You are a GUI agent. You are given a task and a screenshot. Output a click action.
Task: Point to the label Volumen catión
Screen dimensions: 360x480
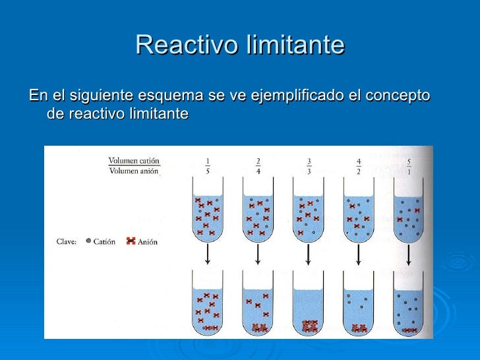coord(134,160)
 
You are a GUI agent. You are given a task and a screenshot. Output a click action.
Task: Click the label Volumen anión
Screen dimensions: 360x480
coord(134,171)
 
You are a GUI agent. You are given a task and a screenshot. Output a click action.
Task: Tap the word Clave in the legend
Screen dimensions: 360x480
coord(65,242)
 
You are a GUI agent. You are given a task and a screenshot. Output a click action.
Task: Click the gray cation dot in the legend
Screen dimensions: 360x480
coord(88,241)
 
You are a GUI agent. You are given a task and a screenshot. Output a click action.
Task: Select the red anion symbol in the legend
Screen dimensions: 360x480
coord(131,241)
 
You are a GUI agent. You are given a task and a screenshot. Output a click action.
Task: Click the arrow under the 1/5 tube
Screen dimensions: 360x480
coord(208,255)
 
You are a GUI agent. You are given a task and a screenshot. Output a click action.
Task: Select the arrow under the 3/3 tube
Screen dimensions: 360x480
coord(309,255)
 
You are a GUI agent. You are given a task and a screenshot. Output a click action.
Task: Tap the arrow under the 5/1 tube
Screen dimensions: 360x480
coord(409,255)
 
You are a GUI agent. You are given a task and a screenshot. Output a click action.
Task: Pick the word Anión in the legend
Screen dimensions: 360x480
coord(148,242)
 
